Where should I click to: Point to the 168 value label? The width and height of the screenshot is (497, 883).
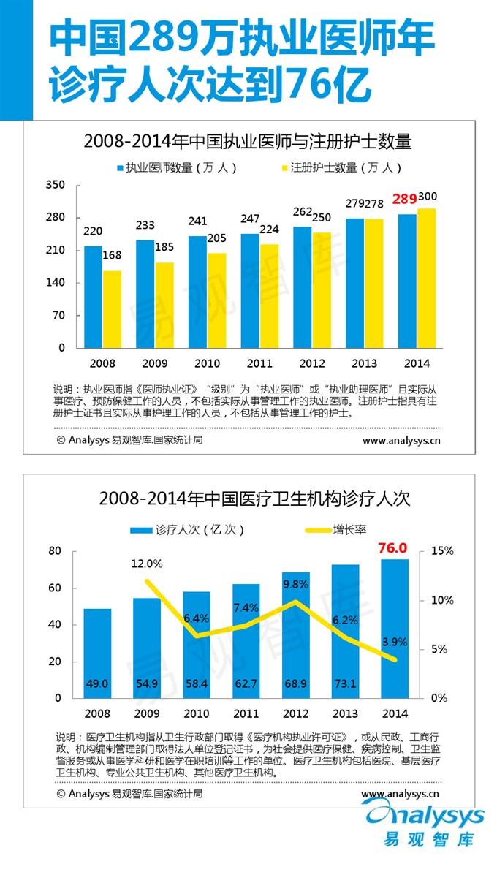(x=112, y=256)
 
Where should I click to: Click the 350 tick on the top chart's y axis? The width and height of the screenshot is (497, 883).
(x=56, y=185)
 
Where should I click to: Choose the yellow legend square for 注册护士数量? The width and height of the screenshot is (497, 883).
(x=284, y=168)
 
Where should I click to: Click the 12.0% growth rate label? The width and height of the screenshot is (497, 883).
(x=147, y=564)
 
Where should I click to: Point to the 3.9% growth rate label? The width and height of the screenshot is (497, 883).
(x=395, y=642)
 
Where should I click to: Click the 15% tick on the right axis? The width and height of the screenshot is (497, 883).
(x=442, y=551)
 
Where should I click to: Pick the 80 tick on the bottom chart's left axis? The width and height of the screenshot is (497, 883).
(x=56, y=551)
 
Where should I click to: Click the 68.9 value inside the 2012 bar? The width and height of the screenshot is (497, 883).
(x=296, y=683)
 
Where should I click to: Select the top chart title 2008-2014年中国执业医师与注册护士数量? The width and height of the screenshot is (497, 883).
(x=248, y=140)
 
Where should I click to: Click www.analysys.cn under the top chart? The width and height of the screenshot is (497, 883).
(x=401, y=440)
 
